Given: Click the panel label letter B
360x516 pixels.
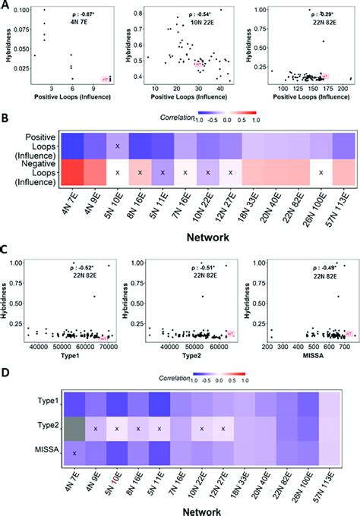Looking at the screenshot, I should pyautogui.click(x=6, y=119).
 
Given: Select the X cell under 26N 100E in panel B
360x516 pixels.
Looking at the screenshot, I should pyautogui.click(x=322, y=173).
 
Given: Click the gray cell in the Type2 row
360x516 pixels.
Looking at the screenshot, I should pyautogui.click(x=73, y=429).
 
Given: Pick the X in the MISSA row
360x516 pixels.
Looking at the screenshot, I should pyautogui.click(x=74, y=453).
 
